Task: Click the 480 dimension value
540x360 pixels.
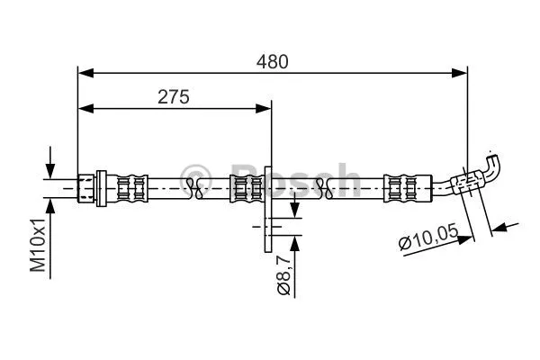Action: pyautogui.click(x=273, y=62)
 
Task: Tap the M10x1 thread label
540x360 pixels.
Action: pyautogui.click(x=39, y=246)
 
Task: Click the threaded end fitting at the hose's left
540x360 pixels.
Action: pyautogui.click(x=90, y=186)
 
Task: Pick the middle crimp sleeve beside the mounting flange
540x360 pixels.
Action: pyautogui.click(x=246, y=186)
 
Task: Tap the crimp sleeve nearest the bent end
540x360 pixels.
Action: pyautogui.click(x=399, y=186)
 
